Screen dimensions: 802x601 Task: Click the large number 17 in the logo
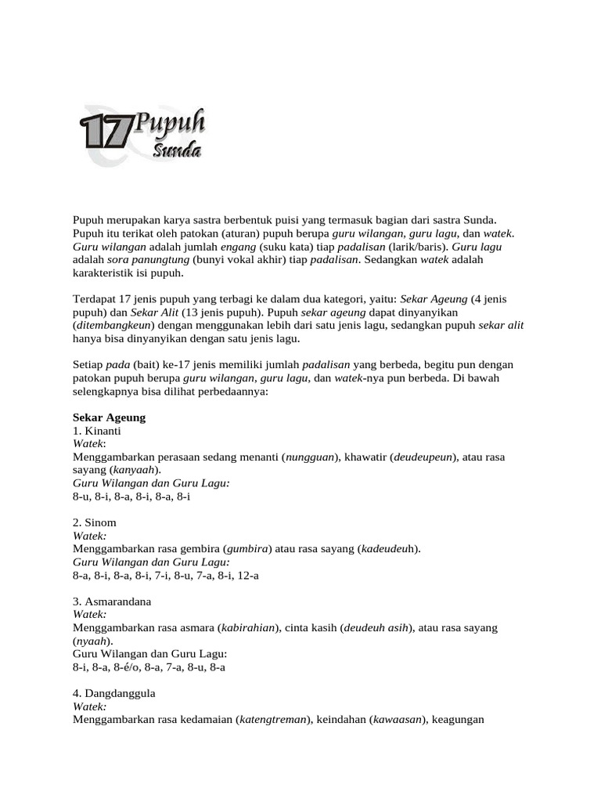pos(105,131)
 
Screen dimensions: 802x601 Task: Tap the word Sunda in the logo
pos(178,149)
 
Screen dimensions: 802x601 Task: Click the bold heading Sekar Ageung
pos(109,417)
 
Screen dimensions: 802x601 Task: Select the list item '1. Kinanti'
pos(97,431)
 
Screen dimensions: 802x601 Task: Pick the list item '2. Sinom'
pos(95,522)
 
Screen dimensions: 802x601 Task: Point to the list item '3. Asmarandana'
pos(113,601)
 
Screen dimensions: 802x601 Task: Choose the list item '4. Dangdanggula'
pos(114,694)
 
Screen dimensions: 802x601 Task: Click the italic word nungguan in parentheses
pos(310,457)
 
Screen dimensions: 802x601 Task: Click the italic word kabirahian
pos(249,628)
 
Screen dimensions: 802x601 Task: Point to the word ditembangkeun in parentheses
pos(110,326)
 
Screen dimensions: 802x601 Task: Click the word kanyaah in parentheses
pos(135,470)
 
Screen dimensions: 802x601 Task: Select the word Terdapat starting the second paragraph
pos(94,299)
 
